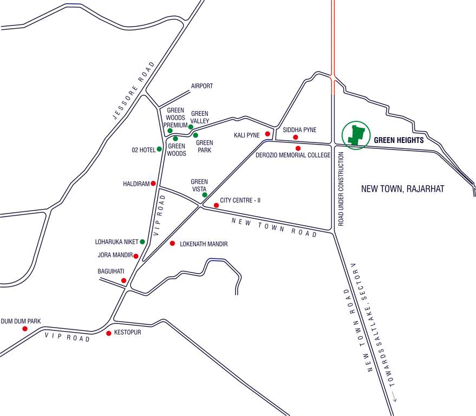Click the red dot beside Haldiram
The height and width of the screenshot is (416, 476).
(153, 184)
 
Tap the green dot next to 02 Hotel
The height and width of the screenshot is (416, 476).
(159, 149)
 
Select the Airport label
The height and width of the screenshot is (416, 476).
(202, 86)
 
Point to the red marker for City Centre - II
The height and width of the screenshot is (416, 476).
(217, 205)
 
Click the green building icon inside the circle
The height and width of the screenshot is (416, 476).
(355, 135)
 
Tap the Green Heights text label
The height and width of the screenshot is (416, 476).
(399, 140)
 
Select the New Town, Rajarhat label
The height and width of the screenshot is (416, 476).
(402, 189)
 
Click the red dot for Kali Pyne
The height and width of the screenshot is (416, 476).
(268, 134)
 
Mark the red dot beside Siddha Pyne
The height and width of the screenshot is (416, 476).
(296, 137)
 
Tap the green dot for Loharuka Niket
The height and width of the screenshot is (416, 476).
(142, 242)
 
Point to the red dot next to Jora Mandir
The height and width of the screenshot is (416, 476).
(136, 256)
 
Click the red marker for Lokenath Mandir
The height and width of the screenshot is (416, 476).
(172, 244)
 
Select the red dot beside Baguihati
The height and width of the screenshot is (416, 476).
(124, 280)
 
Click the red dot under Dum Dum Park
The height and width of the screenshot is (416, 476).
(24, 329)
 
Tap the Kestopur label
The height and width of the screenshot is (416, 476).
(128, 332)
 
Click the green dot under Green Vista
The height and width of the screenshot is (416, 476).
(205, 195)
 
